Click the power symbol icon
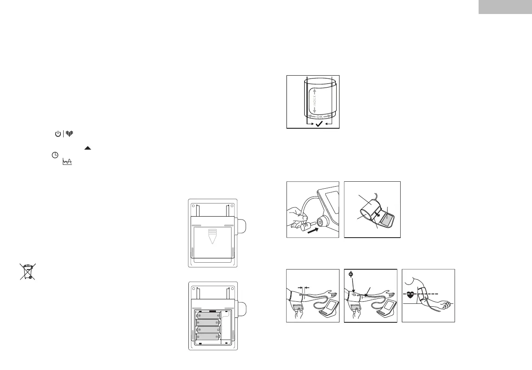point(58,134)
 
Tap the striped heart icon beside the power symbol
point(69,134)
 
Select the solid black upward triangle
point(87,148)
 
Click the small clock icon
point(55,155)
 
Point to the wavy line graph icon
point(67,162)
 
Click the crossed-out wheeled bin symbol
point(28,272)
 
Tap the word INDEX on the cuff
point(315,101)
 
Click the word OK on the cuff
point(319,117)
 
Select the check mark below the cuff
point(319,124)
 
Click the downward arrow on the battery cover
point(212,236)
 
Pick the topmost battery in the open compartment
point(208,316)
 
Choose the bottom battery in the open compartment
point(207,337)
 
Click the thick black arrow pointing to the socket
point(313,230)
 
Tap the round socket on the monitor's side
point(320,222)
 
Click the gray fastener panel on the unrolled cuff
point(386,220)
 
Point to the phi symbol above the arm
point(351,274)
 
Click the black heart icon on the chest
point(410,295)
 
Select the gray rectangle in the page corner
point(505,7)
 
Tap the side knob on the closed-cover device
point(241,226)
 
